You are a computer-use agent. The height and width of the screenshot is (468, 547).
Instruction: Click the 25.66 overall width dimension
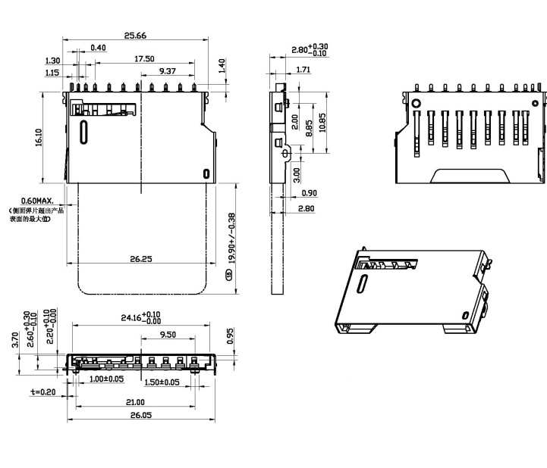pyautogui.click(x=134, y=35)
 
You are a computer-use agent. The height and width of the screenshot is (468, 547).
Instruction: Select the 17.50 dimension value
pyautogui.click(x=144, y=58)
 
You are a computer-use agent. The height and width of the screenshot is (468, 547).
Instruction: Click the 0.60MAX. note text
pyautogui.click(x=37, y=200)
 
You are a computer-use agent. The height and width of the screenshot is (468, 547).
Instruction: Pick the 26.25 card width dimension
pyautogui.click(x=141, y=259)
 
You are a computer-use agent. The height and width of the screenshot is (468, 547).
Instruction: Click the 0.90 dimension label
pyautogui.click(x=309, y=193)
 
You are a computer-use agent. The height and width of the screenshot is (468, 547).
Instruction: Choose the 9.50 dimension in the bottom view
pyautogui.click(x=168, y=334)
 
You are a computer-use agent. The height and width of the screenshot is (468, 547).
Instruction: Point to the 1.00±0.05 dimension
pyautogui.click(x=106, y=379)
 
